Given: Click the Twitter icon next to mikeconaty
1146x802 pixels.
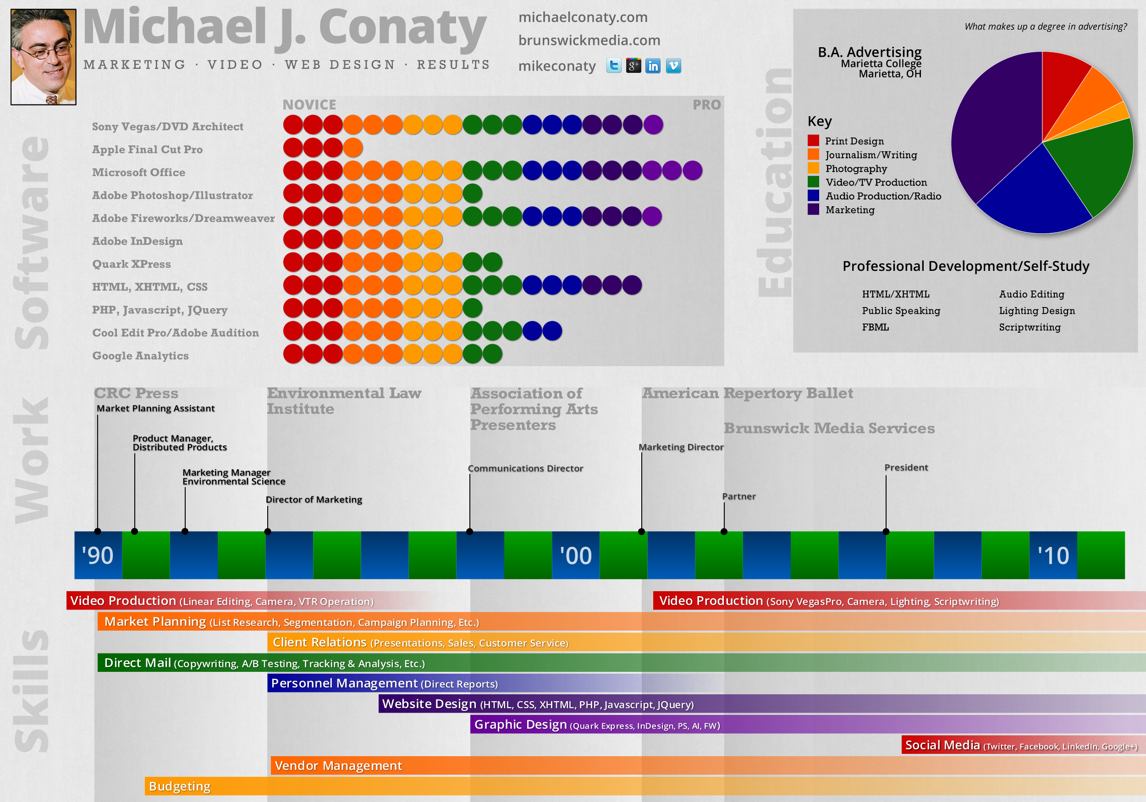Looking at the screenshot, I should [x=613, y=66].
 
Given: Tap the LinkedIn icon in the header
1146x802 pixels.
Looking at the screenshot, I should [x=653, y=66].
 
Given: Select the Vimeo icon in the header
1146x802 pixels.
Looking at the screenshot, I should [x=673, y=66].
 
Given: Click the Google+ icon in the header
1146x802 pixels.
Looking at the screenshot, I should [x=634, y=66].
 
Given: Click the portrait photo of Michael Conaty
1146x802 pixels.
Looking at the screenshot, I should [x=44, y=56].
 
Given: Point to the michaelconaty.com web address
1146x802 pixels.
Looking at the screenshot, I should [x=583, y=17].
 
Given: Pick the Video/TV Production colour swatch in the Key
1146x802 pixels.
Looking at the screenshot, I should [x=813, y=182].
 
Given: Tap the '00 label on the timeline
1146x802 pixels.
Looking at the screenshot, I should [x=575, y=555].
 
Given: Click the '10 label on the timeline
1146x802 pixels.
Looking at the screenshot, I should [x=1053, y=555].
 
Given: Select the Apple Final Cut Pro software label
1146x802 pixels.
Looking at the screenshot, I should [x=147, y=149].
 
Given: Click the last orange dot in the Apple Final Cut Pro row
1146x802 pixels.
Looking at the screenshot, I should [x=353, y=148].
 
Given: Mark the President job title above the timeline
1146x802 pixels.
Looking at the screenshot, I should [x=906, y=467].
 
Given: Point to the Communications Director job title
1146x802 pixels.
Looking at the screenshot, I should [x=525, y=468].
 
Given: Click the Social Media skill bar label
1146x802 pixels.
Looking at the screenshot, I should [x=942, y=745].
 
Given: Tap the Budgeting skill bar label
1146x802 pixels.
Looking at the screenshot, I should [x=180, y=786].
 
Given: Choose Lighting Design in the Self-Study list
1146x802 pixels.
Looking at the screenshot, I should [x=1037, y=310].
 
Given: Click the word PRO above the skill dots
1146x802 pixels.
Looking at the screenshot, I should [x=706, y=105].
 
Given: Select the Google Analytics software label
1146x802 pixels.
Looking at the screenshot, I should [x=140, y=355].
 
